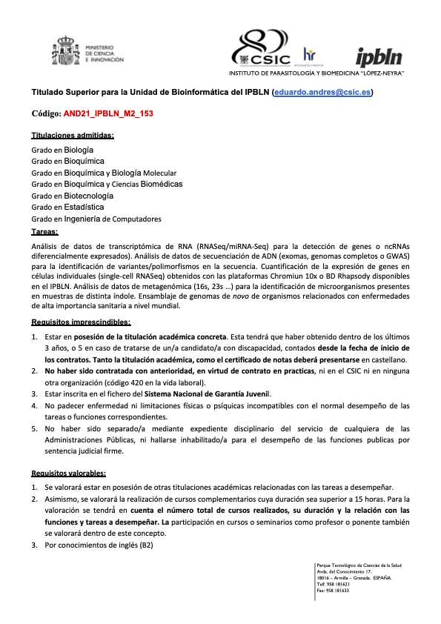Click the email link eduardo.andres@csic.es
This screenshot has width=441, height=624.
(x=322, y=93)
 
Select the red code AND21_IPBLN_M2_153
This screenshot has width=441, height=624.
(x=108, y=115)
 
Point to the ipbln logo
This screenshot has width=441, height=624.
(x=379, y=56)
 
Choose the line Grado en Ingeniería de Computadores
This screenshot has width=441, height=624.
(x=96, y=219)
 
